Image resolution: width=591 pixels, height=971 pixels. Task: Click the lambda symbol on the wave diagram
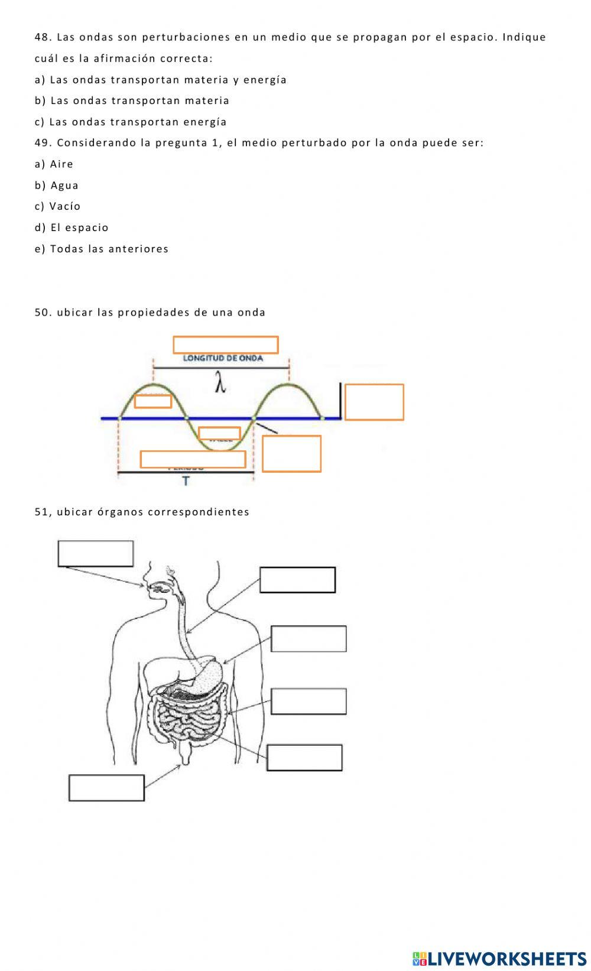click(220, 385)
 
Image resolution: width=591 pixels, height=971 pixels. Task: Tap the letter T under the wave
click(186, 481)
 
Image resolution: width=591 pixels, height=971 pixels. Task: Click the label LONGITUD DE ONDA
click(223, 358)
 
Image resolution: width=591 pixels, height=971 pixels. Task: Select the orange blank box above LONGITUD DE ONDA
click(225, 345)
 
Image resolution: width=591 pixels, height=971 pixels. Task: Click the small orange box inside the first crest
click(153, 401)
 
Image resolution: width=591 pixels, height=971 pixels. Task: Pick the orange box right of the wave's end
click(374, 402)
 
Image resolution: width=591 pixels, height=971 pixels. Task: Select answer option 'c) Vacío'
click(58, 206)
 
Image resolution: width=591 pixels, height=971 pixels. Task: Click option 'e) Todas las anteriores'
click(102, 249)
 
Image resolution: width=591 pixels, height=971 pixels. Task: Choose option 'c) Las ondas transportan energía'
click(131, 122)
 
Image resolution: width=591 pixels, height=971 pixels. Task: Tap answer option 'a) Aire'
click(54, 164)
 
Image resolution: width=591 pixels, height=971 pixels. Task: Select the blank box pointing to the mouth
click(95, 553)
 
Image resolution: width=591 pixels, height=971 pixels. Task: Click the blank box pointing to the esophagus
click(297, 580)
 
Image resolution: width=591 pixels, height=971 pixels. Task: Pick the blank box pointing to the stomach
click(309, 639)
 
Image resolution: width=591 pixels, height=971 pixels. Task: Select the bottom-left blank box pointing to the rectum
click(106, 788)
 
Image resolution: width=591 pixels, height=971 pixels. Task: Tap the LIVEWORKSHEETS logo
click(499, 958)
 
